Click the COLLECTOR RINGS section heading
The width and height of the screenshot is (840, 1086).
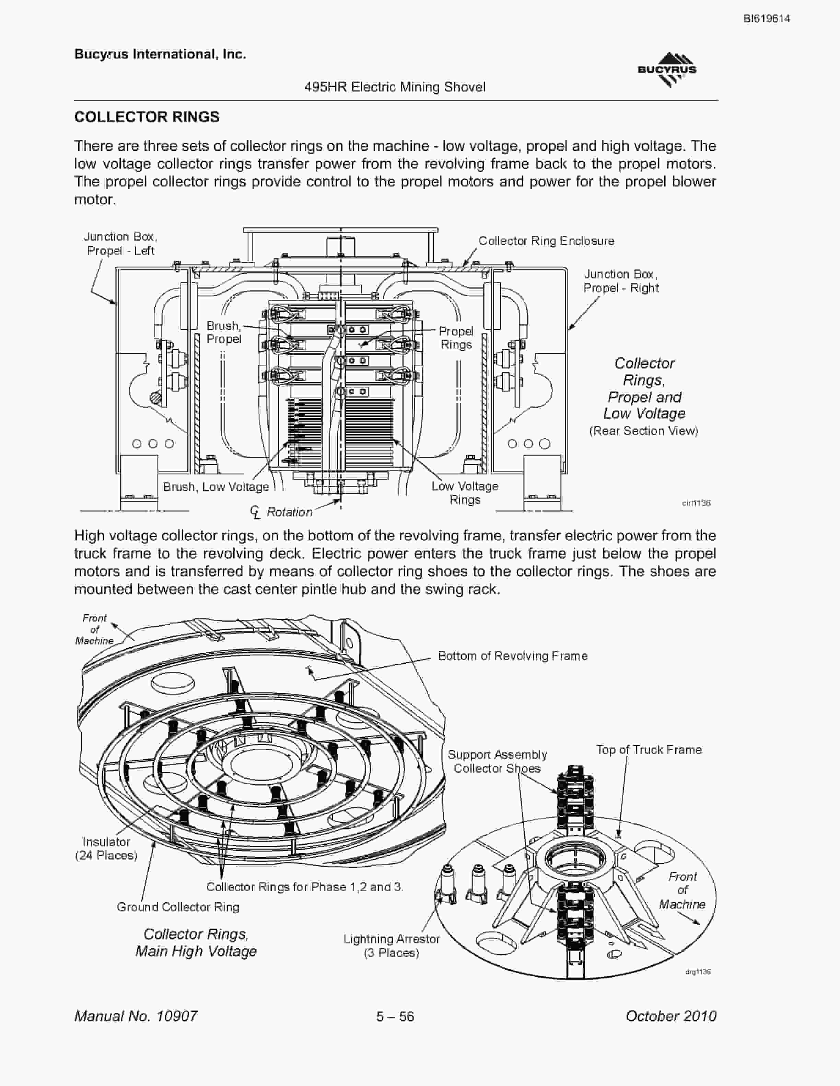pyautogui.click(x=147, y=117)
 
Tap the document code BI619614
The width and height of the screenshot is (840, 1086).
pyautogui.click(x=767, y=19)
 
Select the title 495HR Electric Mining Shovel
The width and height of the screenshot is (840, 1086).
pyautogui.click(x=395, y=87)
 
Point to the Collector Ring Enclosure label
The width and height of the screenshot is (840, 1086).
pyautogui.click(x=546, y=241)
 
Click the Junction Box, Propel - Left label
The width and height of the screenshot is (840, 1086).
pyautogui.click(x=120, y=244)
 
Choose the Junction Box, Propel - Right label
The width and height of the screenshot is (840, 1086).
pyautogui.click(x=621, y=281)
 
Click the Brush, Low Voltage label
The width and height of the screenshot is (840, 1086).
pyautogui.click(x=216, y=487)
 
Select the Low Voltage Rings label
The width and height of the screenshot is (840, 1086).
pyautogui.click(x=465, y=493)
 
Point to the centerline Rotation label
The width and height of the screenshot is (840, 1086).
pyautogui.click(x=282, y=512)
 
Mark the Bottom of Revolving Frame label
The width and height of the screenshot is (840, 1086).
pyautogui.click(x=513, y=656)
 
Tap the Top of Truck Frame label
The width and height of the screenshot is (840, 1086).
pyautogui.click(x=649, y=750)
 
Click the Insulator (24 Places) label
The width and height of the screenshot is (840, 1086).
pyautogui.click(x=106, y=848)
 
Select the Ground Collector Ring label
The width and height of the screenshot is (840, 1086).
pyautogui.click(x=178, y=907)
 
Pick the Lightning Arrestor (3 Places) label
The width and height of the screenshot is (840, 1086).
pyautogui.click(x=392, y=946)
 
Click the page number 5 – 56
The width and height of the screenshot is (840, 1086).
pyautogui.click(x=395, y=1016)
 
